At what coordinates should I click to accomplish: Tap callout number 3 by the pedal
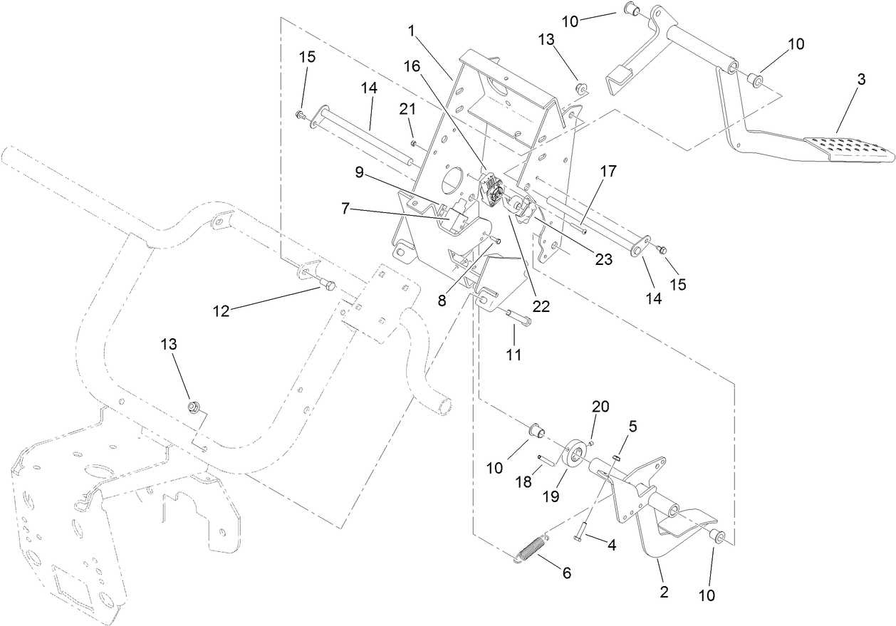pyautogui.click(x=861, y=80)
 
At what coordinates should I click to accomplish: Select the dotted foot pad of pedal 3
pyautogui.click(x=848, y=147)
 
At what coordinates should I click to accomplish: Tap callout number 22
pyautogui.click(x=541, y=306)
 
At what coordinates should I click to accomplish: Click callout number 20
pyautogui.click(x=600, y=407)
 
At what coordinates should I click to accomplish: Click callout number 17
pyautogui.click(x=608, y=172)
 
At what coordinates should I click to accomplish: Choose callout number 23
pyautogui.click(x=604, y=260)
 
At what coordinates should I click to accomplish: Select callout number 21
pyautogui.click(x=407, y=109)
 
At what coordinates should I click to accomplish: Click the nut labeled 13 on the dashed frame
pyautogui.click(x=191, y=407)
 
